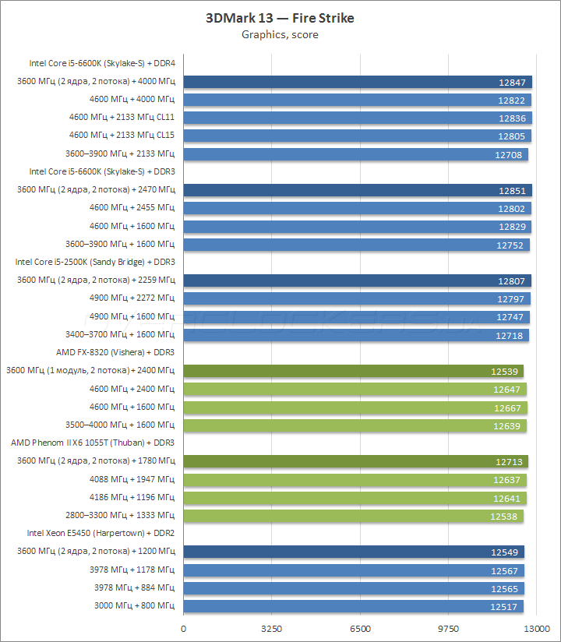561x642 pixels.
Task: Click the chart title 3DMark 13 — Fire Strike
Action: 280,18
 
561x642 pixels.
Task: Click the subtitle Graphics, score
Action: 280,34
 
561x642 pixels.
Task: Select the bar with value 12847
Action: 357,82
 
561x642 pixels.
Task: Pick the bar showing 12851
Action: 357,190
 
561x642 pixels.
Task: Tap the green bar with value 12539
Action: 353,371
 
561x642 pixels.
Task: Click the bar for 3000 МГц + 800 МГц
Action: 353,606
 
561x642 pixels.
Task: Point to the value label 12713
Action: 510,461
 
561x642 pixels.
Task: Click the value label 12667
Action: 509,407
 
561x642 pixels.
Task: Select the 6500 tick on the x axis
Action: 360,627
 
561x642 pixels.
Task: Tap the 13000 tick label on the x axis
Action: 536,627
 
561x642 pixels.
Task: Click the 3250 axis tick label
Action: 272,627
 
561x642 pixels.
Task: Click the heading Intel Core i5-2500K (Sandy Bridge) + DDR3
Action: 95,262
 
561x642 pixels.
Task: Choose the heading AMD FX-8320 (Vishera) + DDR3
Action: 115,352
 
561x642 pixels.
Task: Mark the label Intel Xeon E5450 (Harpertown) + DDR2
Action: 101,533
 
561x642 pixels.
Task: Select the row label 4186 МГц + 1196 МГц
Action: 132,497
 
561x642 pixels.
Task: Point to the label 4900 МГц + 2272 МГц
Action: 132,298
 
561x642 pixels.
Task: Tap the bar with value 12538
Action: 353,516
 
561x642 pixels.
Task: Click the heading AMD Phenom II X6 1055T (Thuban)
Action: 93,443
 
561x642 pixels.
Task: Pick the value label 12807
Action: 512,280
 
